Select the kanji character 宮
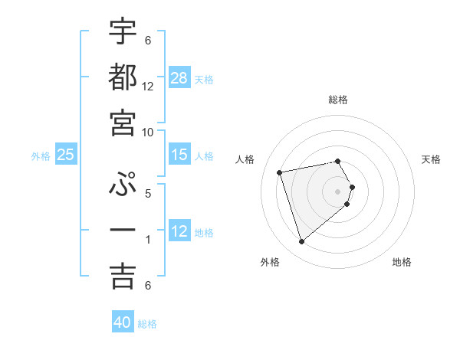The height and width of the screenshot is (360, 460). pos(123,123)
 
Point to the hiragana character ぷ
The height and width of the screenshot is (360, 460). pos(123,185)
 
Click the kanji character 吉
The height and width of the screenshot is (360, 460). pos(123,277)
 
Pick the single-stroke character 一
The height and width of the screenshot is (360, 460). pos(123,231)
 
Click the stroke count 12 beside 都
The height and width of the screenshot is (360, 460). pos(148,87)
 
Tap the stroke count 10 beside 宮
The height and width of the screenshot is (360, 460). pos(148,133)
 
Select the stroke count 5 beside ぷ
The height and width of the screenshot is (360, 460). pos(148,194)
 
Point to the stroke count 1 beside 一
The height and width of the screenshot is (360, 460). pos(148,240)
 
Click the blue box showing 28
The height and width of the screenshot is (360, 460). pos(179,78)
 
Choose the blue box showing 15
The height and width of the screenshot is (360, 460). pos(179,155)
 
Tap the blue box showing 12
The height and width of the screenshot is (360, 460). pos(179,231)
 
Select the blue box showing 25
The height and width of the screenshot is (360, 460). pos(66,155)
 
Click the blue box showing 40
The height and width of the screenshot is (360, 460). pos(123,322)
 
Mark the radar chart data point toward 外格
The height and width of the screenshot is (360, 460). pos(302,242)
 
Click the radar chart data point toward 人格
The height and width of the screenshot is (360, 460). pos(280,172)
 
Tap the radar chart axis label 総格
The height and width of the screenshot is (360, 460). pos(338,100)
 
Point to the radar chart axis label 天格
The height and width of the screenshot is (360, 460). pos(432,159)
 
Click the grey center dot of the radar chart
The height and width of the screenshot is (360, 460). pos(338,191)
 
